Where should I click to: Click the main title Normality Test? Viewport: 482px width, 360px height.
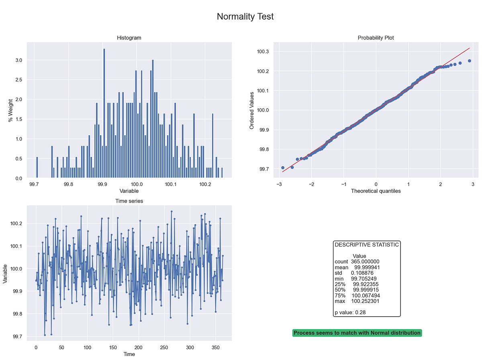tap(245, 16)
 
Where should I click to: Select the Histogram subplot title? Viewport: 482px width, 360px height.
tap(129, 38)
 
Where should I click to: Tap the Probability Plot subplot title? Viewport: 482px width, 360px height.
tap(376, 38)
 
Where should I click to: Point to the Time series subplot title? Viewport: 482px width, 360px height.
tap(129, 201)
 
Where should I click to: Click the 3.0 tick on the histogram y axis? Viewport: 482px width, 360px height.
tap(18, 60)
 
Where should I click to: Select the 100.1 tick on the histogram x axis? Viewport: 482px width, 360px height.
tap(171, 185)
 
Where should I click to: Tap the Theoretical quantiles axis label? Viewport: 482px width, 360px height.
tap(376, 191)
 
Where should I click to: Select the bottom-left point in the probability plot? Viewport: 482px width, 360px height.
tap(283, 168)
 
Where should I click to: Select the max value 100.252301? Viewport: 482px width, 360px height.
tap(366, 301)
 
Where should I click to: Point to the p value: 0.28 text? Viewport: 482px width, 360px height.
tap(350, 312)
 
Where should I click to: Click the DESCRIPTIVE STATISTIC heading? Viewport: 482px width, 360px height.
tap(367, 244)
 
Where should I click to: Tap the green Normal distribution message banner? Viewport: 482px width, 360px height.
tap(357, 333)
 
